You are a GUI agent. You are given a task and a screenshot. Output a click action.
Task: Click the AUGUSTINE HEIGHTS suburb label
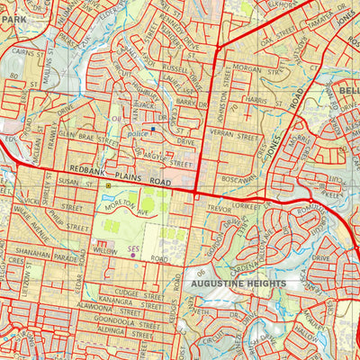coord(238,283)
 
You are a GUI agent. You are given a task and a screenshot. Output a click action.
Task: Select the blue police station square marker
coord(153,129)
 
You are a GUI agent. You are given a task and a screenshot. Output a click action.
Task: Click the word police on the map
coord(138,131)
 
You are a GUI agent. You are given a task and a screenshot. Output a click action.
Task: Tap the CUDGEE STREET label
coord(134,292)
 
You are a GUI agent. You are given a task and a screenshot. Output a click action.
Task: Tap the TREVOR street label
coord(220,209)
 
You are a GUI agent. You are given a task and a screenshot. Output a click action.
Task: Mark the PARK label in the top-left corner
coord(11,5)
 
